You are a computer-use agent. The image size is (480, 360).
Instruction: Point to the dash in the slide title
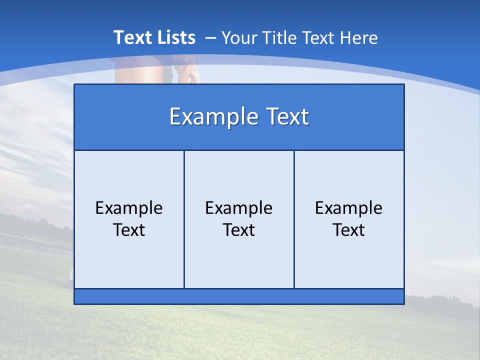(x=210, y=38)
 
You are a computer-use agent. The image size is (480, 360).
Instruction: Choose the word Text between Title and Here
(x=318, y=38)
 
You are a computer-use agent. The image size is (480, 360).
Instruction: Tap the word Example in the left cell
(x=129, y=208)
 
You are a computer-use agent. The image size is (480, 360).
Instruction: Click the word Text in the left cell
(x=129, y=230)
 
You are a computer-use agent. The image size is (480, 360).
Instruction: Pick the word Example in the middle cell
(x=239, y=208)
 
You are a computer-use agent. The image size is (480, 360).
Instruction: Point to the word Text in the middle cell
(x=239, y=230)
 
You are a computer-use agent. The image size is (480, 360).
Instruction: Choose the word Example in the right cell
(x=349, y=208)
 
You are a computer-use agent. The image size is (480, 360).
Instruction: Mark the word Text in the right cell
(x=349, y=230)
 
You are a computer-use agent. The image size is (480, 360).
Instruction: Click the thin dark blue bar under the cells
(x=239, y=296)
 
